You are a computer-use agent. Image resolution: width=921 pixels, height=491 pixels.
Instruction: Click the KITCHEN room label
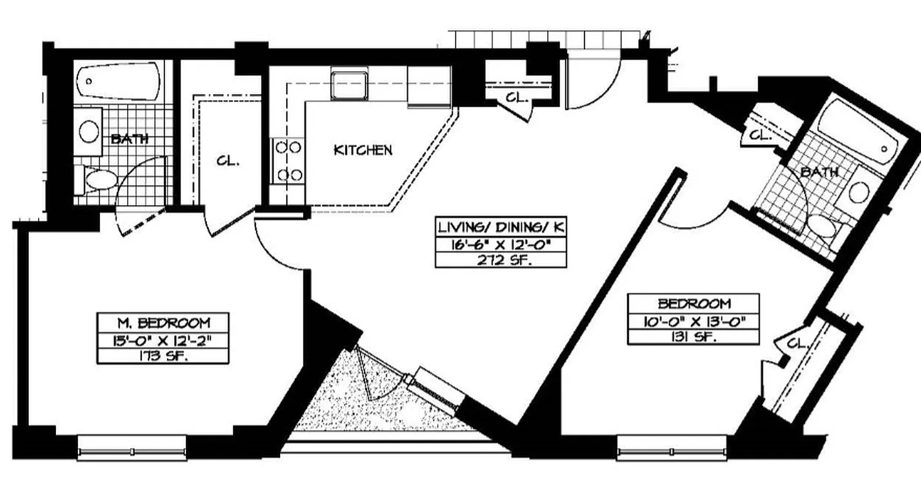pos(362,150)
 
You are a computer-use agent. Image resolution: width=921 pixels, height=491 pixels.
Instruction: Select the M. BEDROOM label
pos(163,322)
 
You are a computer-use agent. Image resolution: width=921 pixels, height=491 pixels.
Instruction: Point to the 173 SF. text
pos(163,356)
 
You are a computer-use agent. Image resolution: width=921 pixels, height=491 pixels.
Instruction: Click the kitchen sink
pos(349,84)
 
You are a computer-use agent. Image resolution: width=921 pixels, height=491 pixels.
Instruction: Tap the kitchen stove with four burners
pos(289,161)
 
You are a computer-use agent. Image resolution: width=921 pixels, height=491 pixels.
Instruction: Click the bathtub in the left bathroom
pos(118,82)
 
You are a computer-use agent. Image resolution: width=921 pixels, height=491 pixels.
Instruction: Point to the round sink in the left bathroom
pos(90,130)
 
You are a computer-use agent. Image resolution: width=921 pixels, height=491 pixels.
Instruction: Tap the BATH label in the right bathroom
pos(819,172)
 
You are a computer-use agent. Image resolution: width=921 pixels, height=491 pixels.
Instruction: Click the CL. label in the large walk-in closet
pos(228,162)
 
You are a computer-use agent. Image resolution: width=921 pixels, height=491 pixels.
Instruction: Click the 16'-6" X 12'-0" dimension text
pos(500,244)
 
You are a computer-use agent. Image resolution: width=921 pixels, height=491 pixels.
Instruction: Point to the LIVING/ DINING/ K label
pos(500,227)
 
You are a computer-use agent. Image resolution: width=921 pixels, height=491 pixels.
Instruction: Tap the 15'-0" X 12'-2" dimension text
pos(163,339)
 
